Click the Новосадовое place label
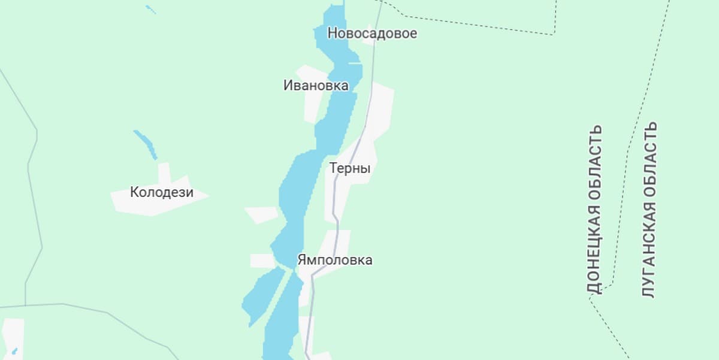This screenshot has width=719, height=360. (371, 34)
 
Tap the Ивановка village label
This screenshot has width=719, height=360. (315, 86)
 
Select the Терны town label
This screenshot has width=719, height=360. (350, 169)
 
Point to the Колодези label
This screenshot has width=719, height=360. (162, 193)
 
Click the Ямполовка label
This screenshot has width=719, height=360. (334, 260)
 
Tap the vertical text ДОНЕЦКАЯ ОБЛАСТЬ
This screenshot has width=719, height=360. (594, 210)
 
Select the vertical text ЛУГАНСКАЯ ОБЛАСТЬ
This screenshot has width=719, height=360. (649, 210)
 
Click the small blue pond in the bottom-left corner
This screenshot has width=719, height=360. (14, 351)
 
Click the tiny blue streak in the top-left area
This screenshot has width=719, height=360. (150, 10)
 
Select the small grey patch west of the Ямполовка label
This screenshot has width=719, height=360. (262, 261)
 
